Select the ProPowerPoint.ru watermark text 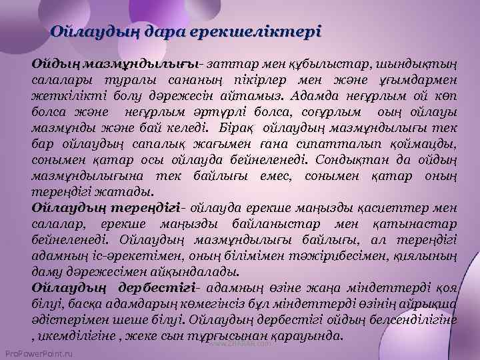point(38,351)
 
